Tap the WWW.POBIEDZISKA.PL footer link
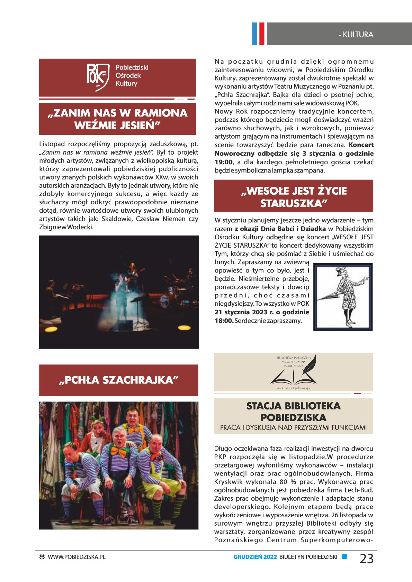pyautogui.click(x=77, y=557)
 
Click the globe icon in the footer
pyautogui.click(x=42, y=557)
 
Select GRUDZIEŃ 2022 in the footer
pyautogui.click(x=255, y=557)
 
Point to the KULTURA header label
pyautogui.click(x=358, y=35)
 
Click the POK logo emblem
pyautogui.click(x=97, y=77)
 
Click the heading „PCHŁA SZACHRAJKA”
pyautogui.click(x=118, y=380)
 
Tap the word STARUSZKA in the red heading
pyautogui.click(x=294, y=203)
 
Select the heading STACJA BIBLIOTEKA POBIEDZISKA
pyautogui.click(x=293, y=412)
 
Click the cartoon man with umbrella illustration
pyautogui.click(x=343, y=297)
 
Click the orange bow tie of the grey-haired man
pyautogui.click(x=118, y=451)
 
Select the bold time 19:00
pyautogui.click(x=224, y=162)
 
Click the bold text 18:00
pyautogui.click(x=224, y=321)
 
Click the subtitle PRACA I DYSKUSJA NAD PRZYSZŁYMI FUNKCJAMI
pyautogui.click(x=293, y=427)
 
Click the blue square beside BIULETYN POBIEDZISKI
pyautogui.click(x=344, y=556)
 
